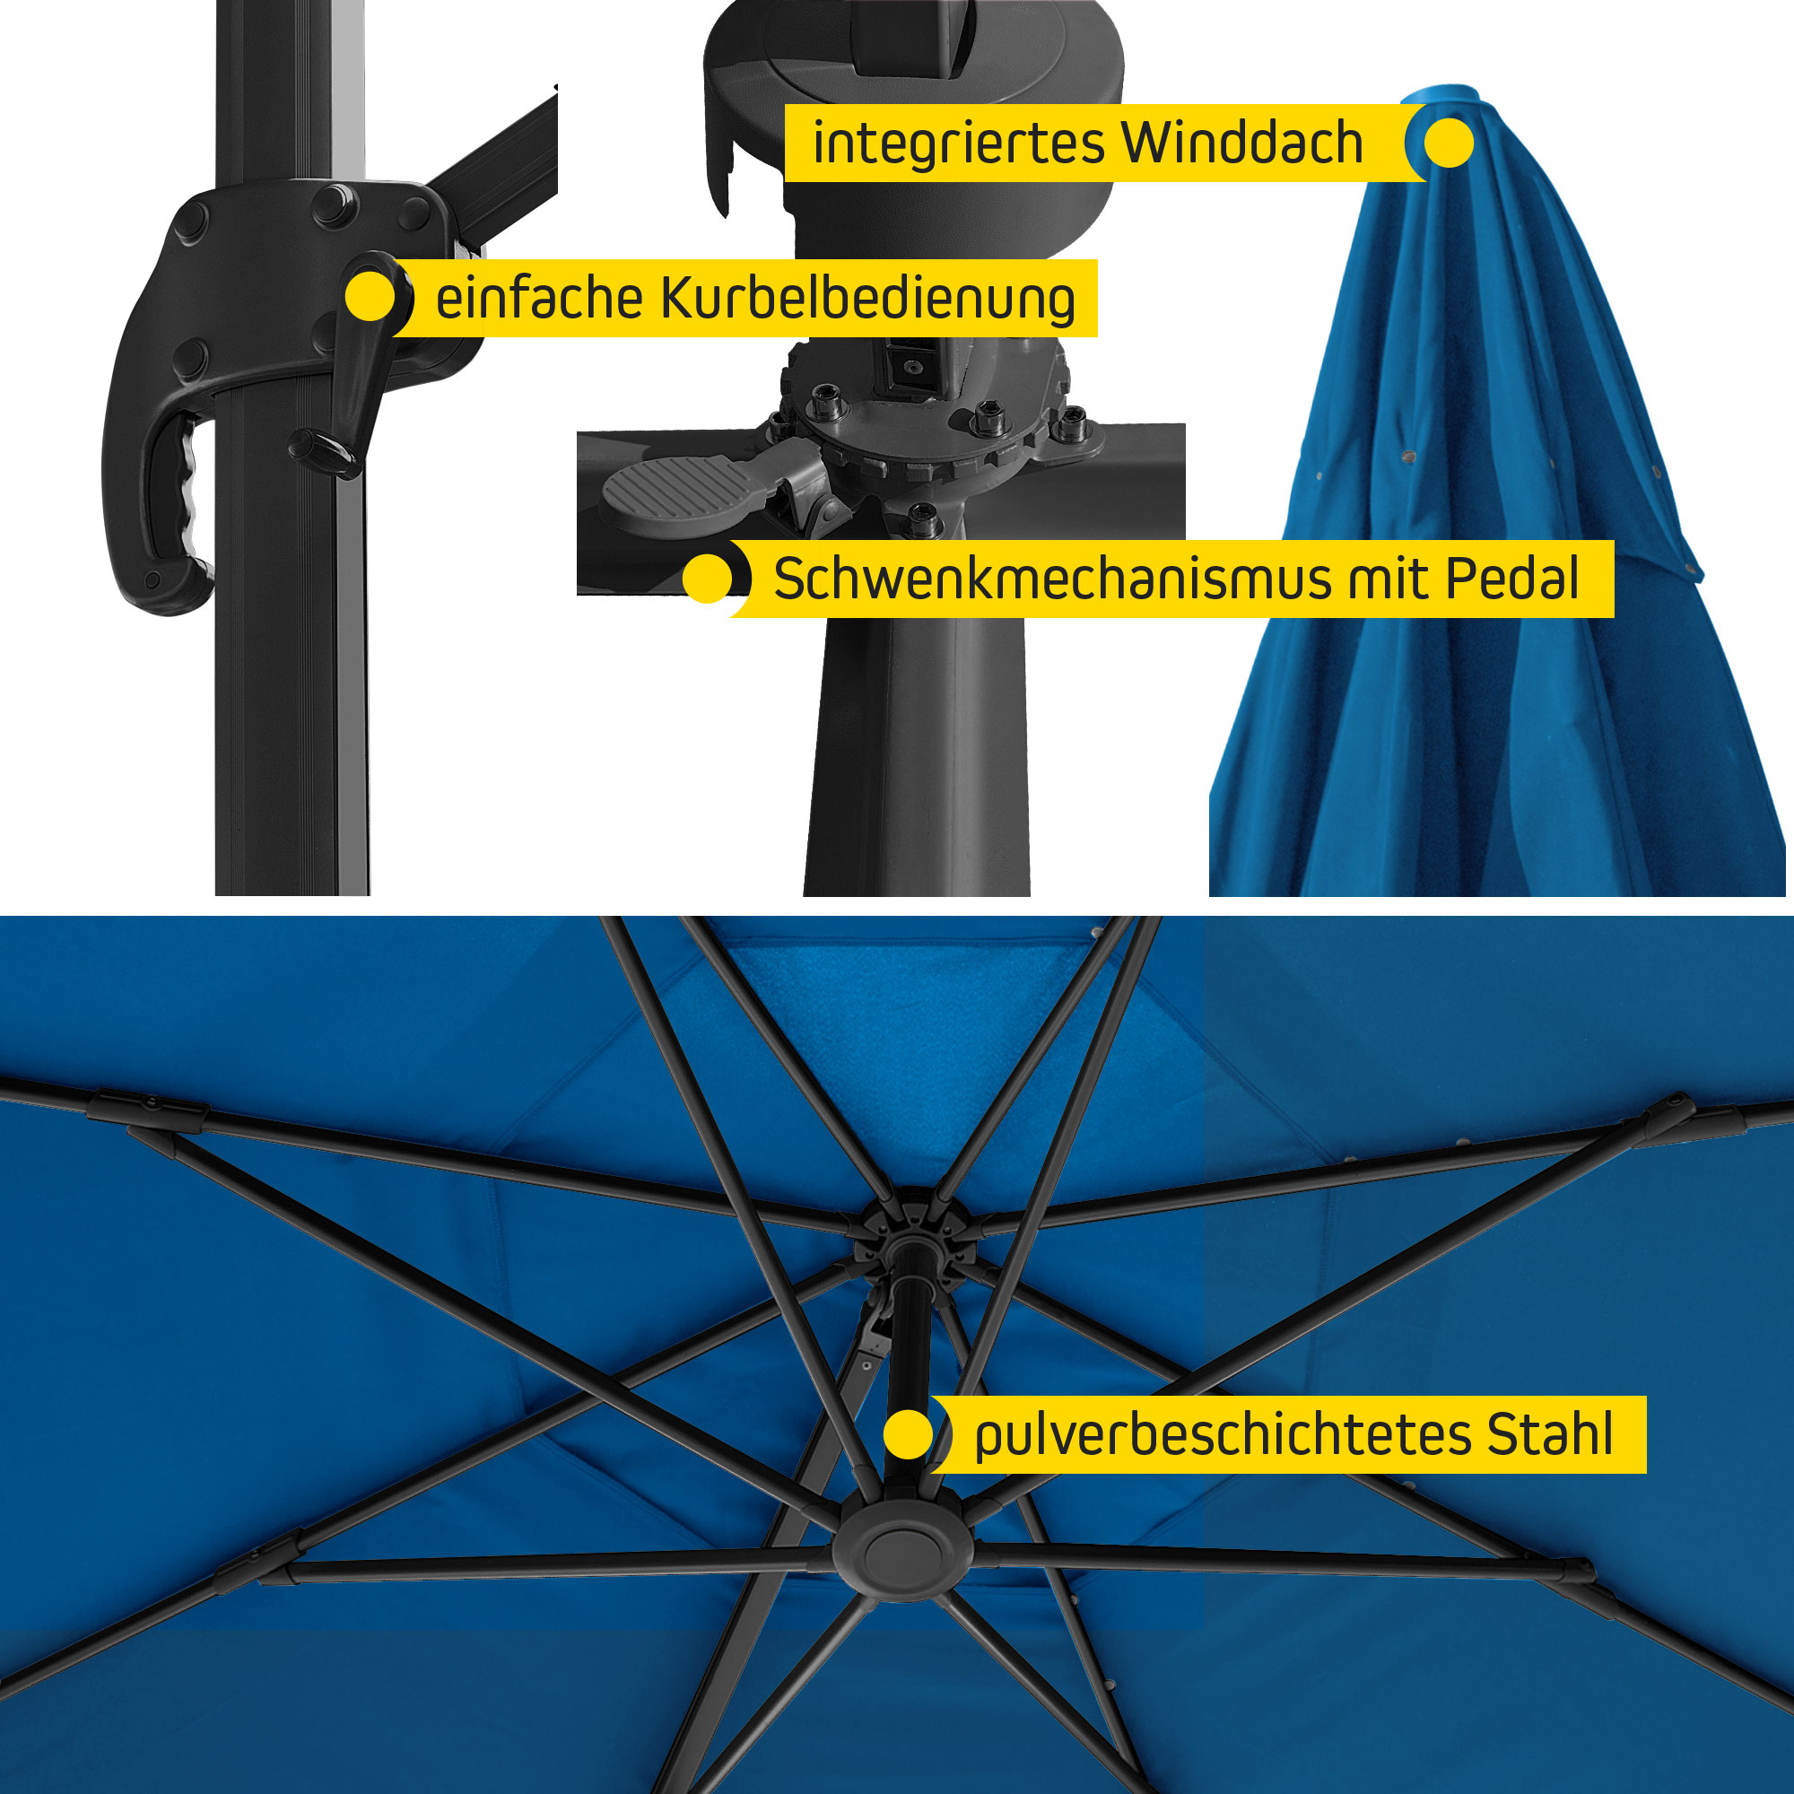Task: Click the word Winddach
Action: (x=1241, y=143)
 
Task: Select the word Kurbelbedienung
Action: (x=867, y=299)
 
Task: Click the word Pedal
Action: (x=1511, y=579)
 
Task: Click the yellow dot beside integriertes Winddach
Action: (x=1449, y=142)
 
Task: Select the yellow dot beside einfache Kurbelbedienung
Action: (x=370, y=296)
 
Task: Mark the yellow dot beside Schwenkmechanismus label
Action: (x=708, y=579)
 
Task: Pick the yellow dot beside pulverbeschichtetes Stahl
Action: (x=907, y=1435)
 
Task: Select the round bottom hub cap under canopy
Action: (x=901, y=1548)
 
